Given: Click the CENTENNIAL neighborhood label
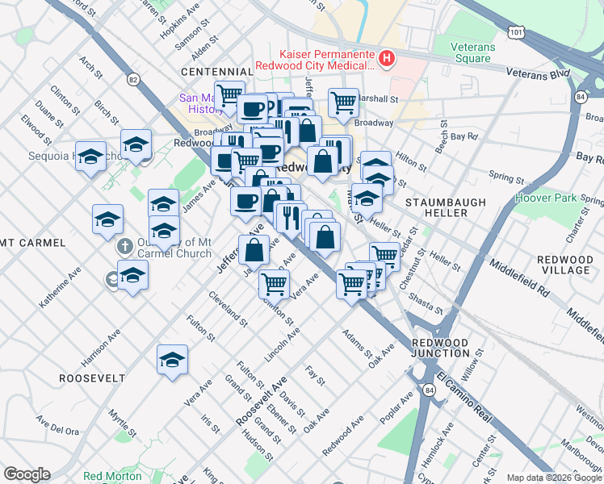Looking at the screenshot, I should (x=212, y=72).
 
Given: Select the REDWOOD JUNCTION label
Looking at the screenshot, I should (x=440, y=348).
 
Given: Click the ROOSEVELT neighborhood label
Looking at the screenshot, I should (x=91, y=378).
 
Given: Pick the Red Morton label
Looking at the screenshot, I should (x=112, y=476).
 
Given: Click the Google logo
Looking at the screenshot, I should (x=27, y=474).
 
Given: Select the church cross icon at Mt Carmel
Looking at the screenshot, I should (x=124, y=246).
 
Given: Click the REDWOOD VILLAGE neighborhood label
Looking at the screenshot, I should (x=564, y=264).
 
